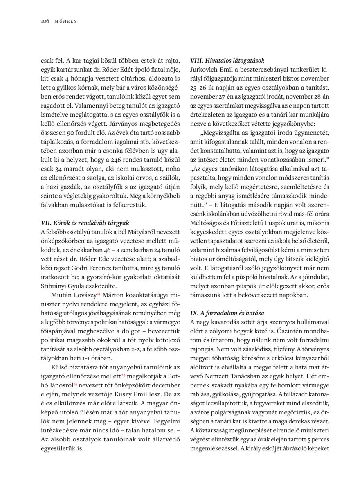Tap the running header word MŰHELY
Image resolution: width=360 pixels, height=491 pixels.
[x=66, y=20]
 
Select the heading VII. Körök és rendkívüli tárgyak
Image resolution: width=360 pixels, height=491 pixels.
[x=85, y=223]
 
